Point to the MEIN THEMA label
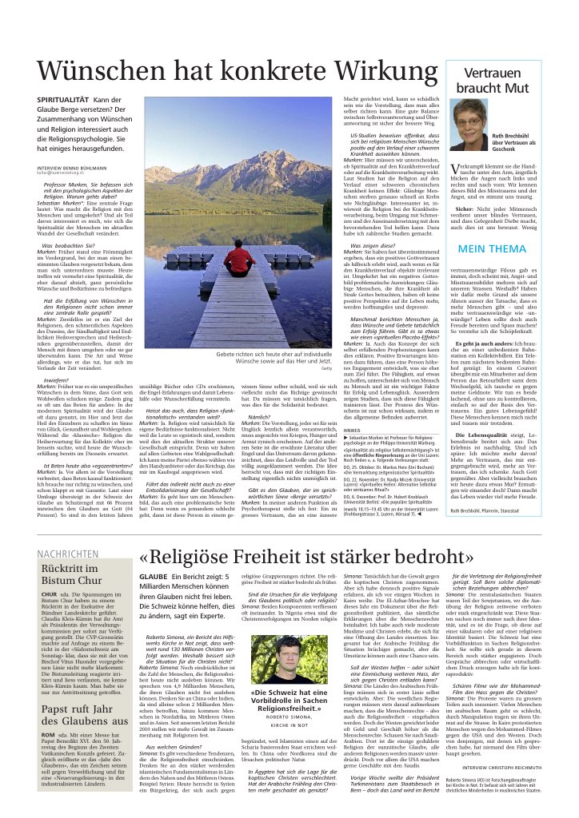tap(491, 248)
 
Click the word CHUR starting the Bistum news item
tap(48, 595)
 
